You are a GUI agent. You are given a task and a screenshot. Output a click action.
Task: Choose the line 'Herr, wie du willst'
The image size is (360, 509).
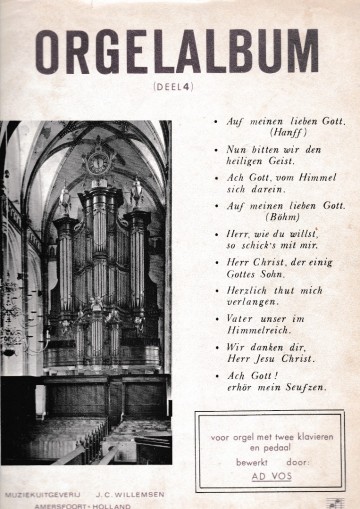(270, 233)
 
